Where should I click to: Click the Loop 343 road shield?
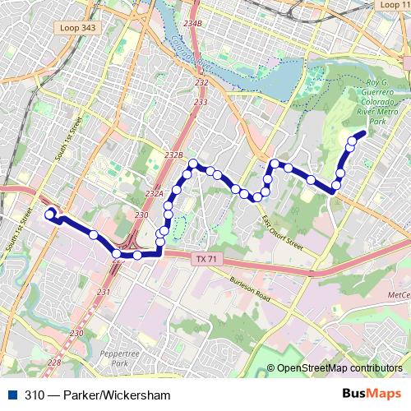[x=76, y=28]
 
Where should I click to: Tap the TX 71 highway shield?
[x=206, y=259]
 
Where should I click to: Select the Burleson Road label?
[x=252, y=288]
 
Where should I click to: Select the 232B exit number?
[x=173, y=155]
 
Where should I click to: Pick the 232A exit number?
[x=155, y=194]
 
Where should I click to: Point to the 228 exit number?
[x=54, y=363]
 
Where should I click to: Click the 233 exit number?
[x=201, y=102]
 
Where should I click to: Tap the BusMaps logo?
[x=372, y=395]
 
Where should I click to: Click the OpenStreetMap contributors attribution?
[x=339, y=368]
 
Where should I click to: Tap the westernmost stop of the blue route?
[x=49, y=214]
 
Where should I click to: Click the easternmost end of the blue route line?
[x=364, y=132]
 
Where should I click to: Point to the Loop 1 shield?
[x=390, y=5]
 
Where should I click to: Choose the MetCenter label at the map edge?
[x=399, y=294]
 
